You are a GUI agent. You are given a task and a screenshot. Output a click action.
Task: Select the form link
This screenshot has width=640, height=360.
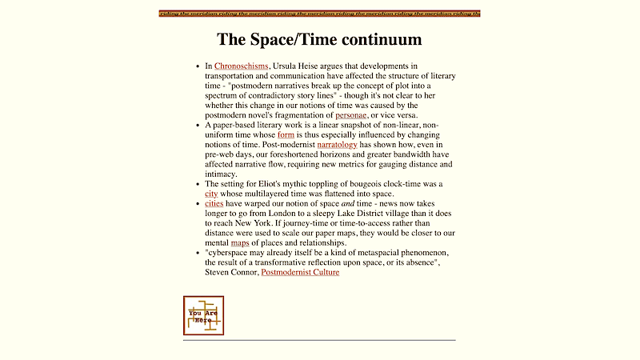286,134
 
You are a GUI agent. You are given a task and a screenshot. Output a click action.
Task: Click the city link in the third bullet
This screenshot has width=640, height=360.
211,194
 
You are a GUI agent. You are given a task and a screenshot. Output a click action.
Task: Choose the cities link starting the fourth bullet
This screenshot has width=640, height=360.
214,204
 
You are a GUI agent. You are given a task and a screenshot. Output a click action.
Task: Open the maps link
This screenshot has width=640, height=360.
240,242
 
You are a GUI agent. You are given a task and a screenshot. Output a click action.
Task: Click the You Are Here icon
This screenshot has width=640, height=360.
203,315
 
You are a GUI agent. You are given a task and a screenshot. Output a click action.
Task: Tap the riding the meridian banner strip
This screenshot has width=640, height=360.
319,14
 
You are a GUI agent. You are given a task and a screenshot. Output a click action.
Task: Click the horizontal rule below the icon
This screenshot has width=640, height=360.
319,340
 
